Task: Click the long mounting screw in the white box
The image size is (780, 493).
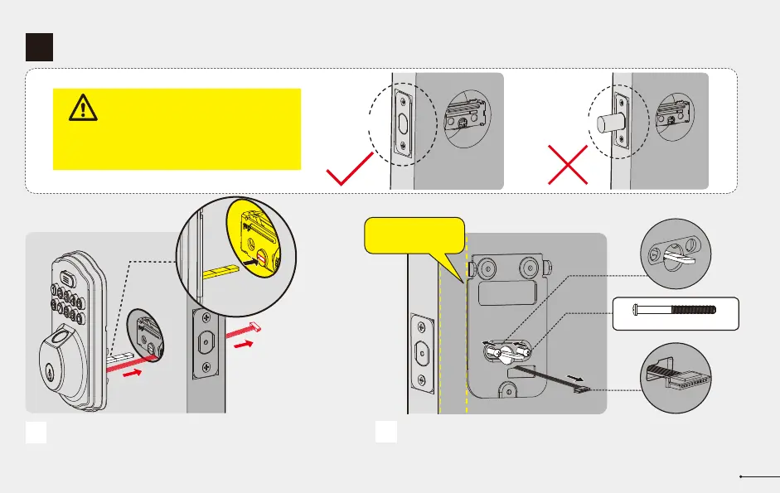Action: (676, 312)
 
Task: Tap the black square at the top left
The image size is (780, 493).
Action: (39, 47)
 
